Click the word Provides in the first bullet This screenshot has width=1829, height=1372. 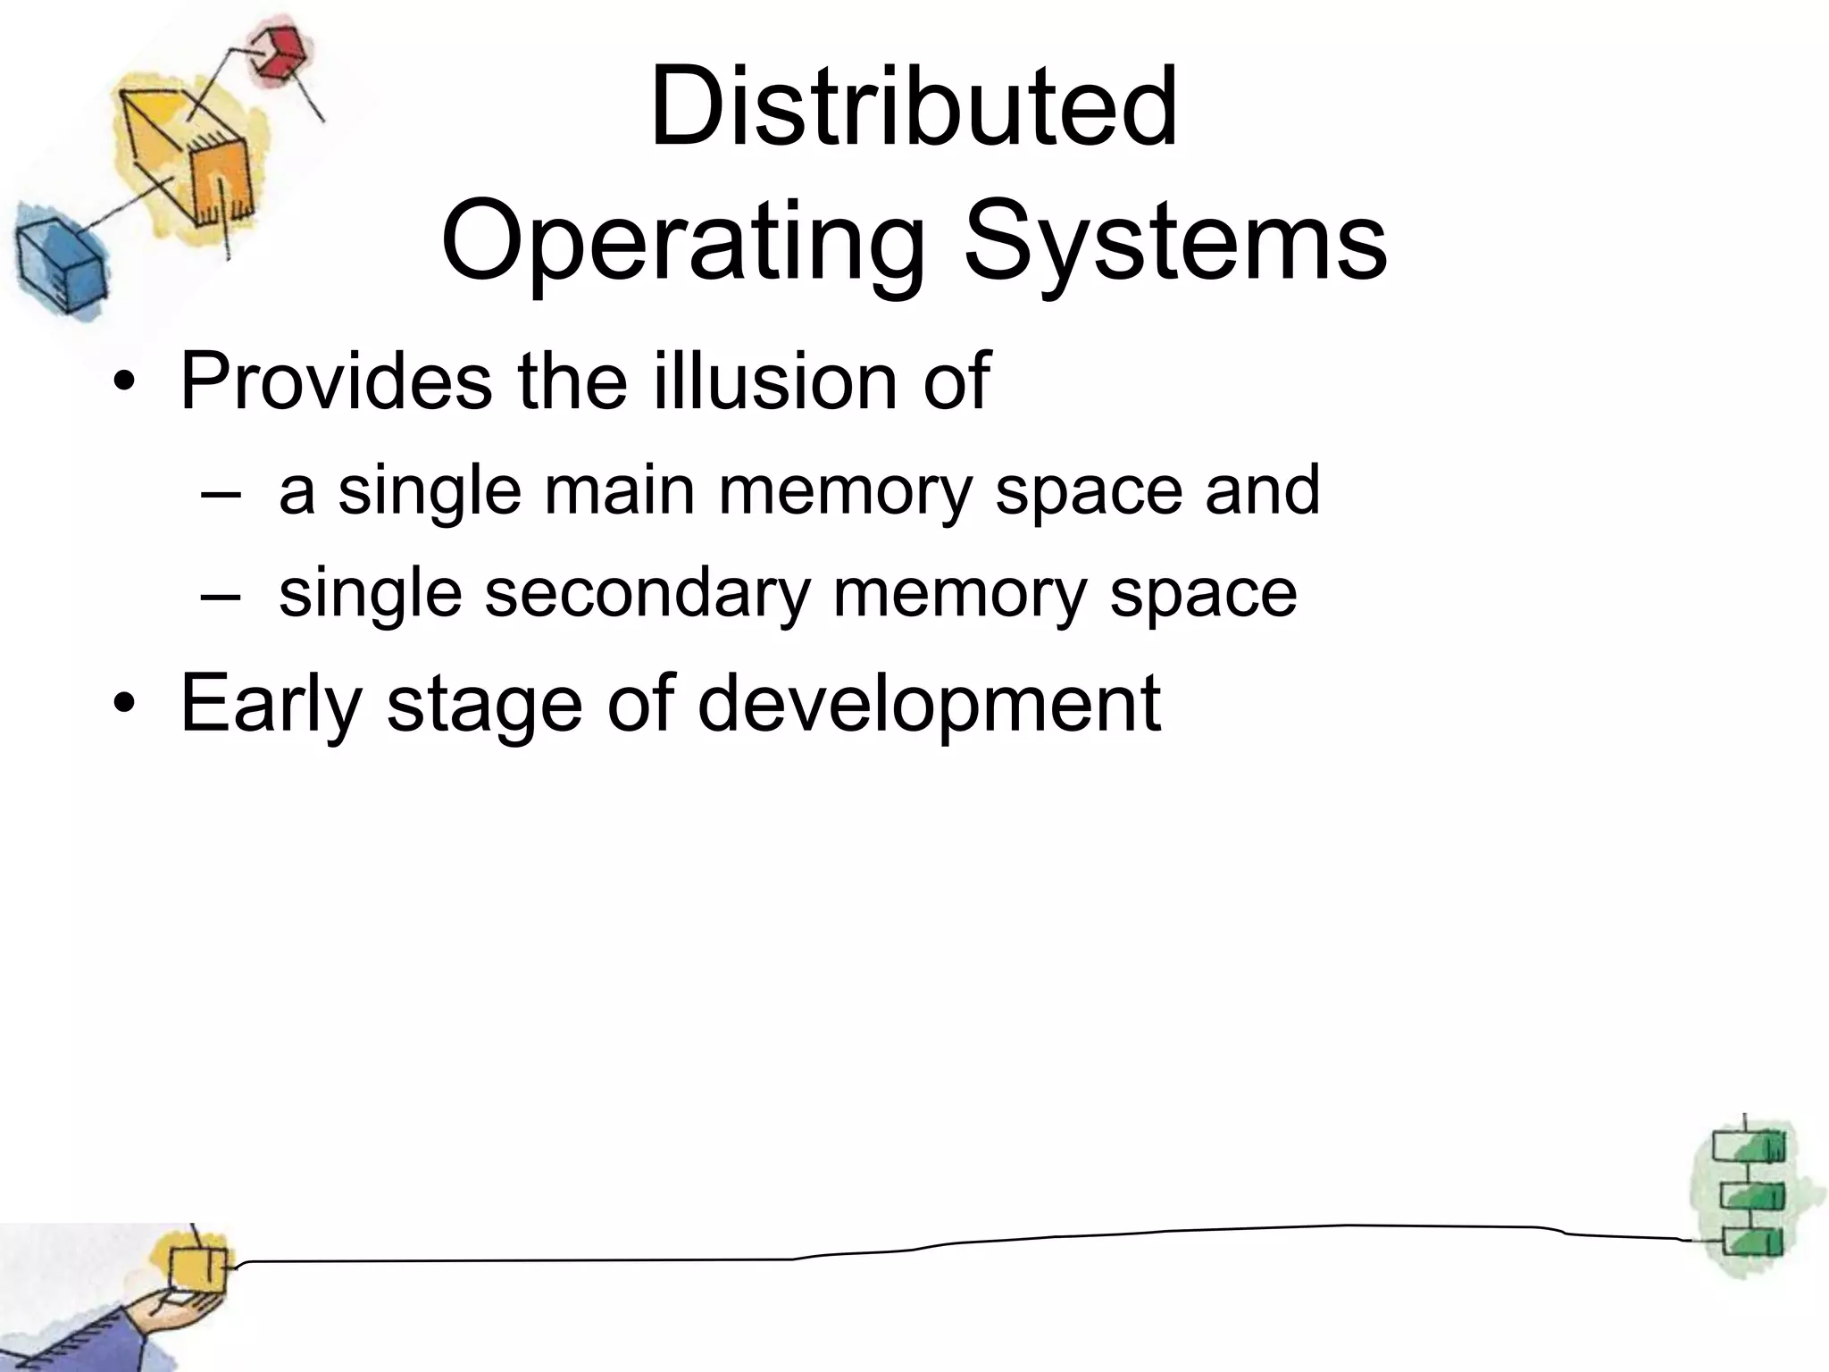[x=336, y=382]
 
